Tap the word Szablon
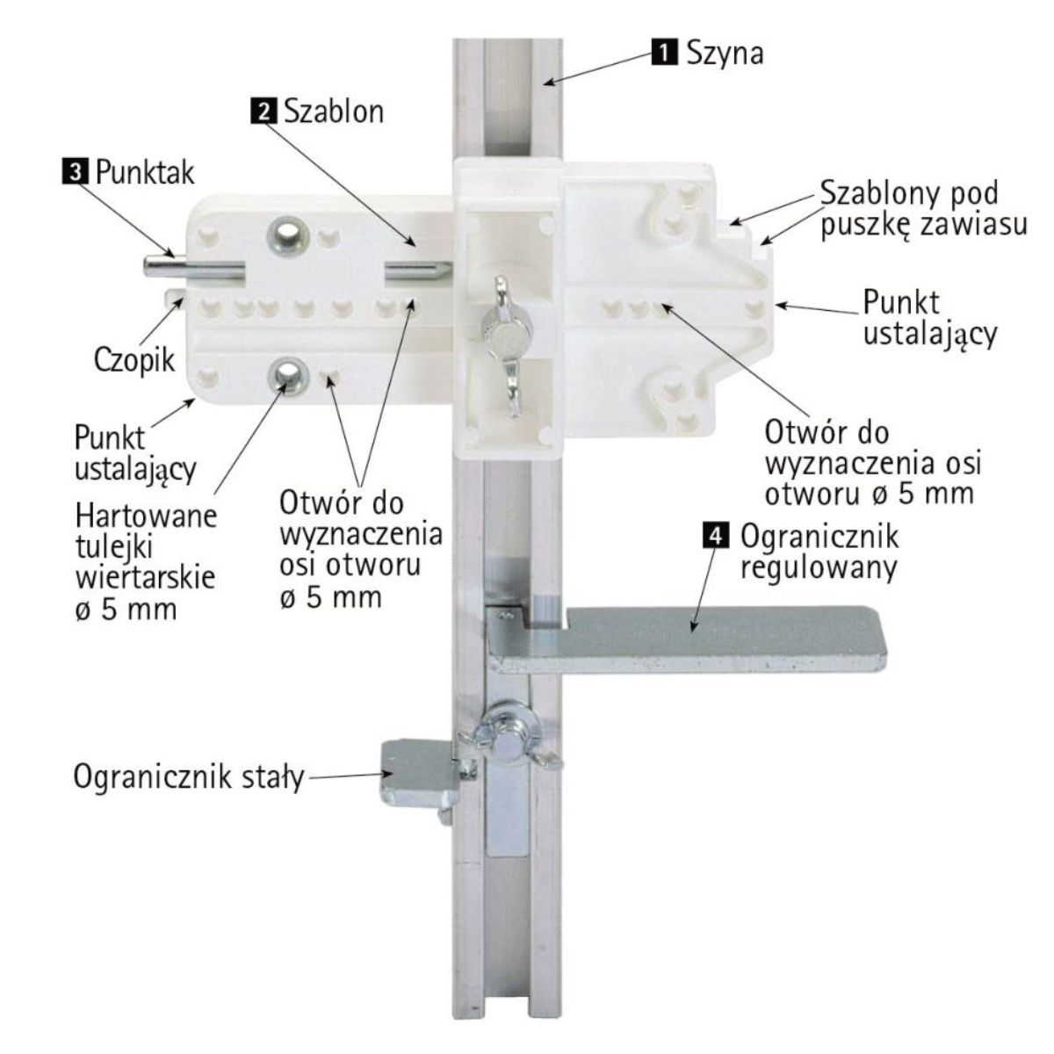click(x=333, y=112)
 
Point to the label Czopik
click(x=134, y=360)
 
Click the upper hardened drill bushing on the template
click(x=288, y=235)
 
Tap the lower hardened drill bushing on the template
click(x=288, y=375)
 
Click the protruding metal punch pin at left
click(x=192, y=267)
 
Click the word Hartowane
click(x=146, y=516)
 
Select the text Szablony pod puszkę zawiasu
click(x=923, y=209)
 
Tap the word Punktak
click(x=145, y=172)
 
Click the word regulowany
click(x=819, y=568)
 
